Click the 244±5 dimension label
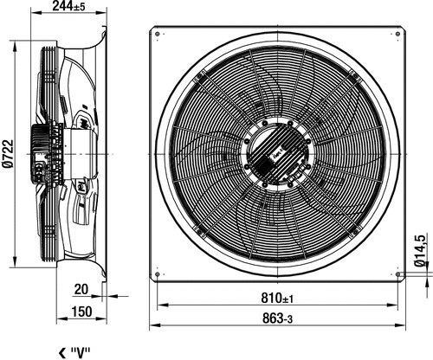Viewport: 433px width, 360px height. tap(68, 6)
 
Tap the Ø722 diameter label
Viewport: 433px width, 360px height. tap(8, 154)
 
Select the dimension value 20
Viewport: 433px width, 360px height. tap(81, 289)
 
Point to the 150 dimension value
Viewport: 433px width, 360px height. tap(81, 312)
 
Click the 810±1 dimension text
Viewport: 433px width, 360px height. tap(277, 298)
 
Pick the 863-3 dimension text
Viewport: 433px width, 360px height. tap(277, 318)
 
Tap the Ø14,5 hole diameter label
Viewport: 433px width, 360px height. tap(420, 251)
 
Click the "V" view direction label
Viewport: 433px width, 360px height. tap(81, 352)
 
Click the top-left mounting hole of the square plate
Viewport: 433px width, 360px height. tap(157, 34)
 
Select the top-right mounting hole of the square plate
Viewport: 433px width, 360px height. tap(397, 34)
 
